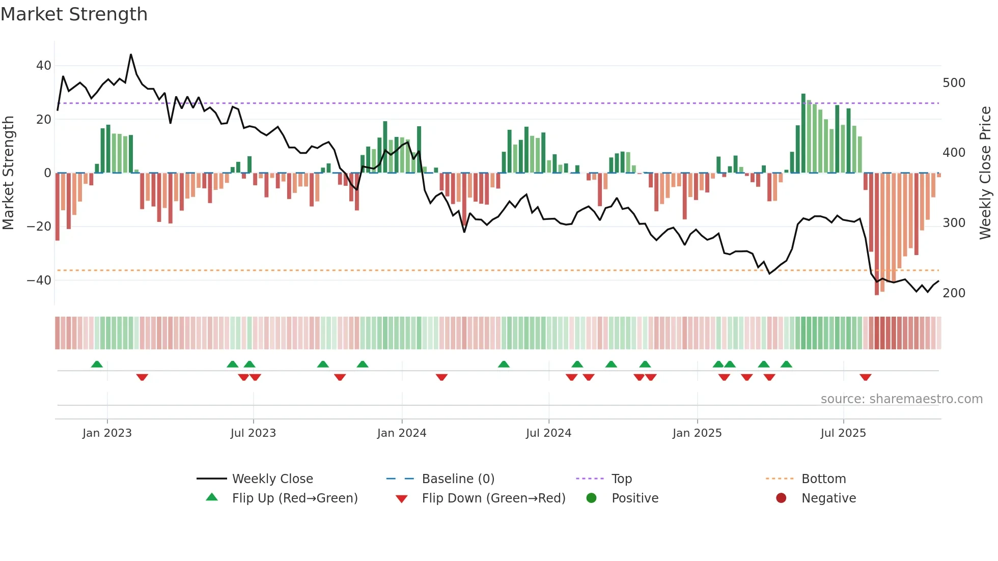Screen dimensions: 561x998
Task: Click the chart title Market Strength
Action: click(x=74, y=14)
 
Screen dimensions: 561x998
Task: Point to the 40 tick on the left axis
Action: click(x=43, y=66)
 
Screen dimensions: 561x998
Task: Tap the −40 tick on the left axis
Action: click(x=39, y=280)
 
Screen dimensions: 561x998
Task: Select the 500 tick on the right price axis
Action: click(x=954, y=83)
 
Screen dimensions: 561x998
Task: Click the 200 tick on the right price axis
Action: click(x=954, y=293)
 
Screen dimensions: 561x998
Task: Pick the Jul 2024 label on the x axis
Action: click(x=548, y=433)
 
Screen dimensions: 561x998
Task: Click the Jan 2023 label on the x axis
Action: click(x=107, y=433)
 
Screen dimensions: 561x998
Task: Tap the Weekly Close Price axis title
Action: click(x=985, y=173)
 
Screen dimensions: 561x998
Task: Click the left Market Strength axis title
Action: click(x=8, y=173)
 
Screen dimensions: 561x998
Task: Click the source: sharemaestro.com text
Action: click(x=901, y=399)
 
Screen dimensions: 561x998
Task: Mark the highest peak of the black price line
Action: click(x=131, y=54)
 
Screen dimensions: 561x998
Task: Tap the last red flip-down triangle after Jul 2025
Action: click(x=865, y=377)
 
